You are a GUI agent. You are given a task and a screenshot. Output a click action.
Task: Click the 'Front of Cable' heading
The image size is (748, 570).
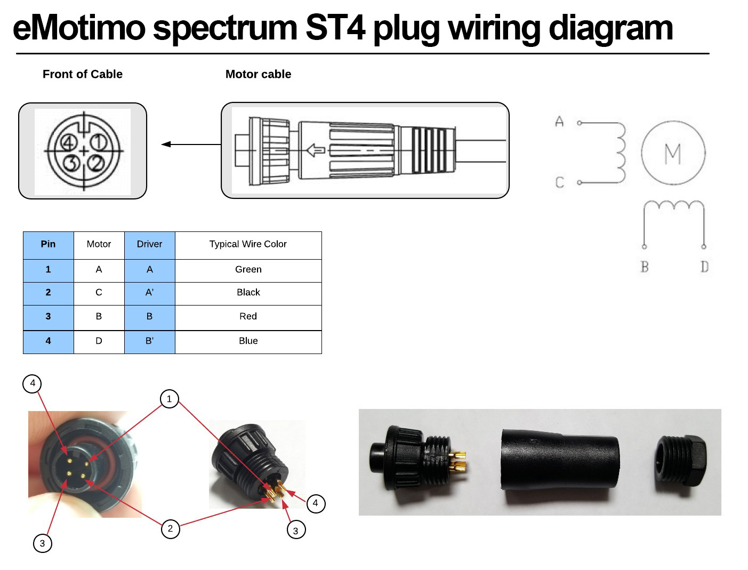tap(83, 74)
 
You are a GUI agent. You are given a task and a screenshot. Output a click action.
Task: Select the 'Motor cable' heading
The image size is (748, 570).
tap(258, 74)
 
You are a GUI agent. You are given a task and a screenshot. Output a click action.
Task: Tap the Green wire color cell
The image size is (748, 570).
tap(248, 269)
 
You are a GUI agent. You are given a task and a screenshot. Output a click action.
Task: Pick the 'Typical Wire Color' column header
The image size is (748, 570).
tap(248, 244)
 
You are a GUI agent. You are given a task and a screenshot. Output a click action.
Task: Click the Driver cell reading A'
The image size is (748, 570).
tap(150, 292)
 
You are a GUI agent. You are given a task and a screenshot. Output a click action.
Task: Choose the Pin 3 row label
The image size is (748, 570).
tap(48, 317)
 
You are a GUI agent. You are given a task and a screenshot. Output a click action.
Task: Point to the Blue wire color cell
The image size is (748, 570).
tap(248, 341)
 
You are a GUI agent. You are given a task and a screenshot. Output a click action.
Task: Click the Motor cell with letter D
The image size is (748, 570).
tap(99, 341)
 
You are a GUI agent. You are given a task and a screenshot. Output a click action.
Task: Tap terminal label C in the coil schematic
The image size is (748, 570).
tap(560, 182)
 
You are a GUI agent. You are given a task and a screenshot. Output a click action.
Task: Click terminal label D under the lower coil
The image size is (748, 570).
tap(704, 267)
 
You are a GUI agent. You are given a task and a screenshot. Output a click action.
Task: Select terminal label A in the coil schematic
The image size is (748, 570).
tap(559, 122)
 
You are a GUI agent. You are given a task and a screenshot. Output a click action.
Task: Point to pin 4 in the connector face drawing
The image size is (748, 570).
tap(68, 142)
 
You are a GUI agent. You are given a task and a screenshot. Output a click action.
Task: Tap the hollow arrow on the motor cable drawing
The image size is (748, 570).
tap(316, 150)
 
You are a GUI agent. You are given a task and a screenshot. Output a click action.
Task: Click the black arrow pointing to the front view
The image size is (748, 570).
tap(191, 144)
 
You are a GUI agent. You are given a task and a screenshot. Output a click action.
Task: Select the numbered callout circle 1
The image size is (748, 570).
tap(169, 399)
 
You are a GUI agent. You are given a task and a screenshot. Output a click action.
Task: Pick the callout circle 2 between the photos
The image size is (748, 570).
tap(170, 529)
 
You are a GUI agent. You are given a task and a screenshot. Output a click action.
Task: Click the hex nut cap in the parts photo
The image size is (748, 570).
tap(681, 461)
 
